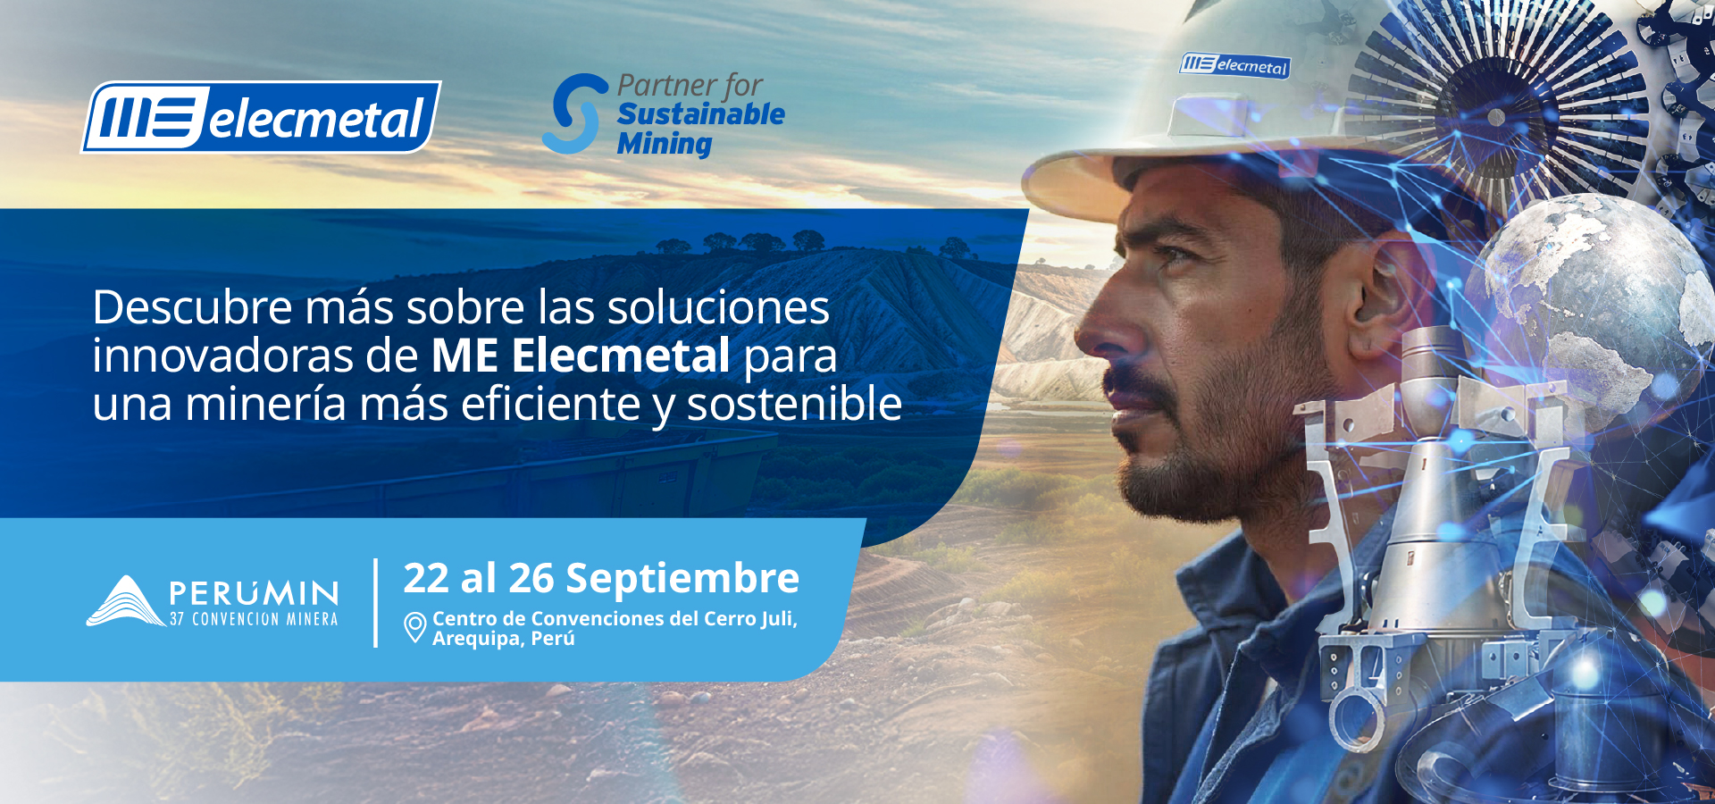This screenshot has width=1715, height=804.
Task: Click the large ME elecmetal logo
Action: pyautogui.click(x=261, y=117)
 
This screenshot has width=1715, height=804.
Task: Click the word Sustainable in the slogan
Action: pyautogui.click(x=701, y=114)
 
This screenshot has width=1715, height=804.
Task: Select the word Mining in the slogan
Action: pyautogui.click(x=665, y=144)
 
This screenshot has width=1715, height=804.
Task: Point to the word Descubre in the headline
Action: pyautogui.click(x=193, y=307)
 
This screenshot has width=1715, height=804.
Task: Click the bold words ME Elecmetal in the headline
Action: pyautogui.click(x=581, y=356)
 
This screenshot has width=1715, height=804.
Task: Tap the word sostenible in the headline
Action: pyautogui.click(x=794, y=404)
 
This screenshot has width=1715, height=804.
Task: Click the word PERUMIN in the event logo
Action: pyautogui.click(x=255, y=593)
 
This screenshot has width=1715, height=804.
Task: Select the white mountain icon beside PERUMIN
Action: pyautogui.click(x=126, y=601)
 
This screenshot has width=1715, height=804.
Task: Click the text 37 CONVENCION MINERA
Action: pyautogui.click(x=255, y=619)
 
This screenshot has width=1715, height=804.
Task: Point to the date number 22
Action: pyautogui.click(x=426, y=578)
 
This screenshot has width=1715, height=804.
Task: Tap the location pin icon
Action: pyautogui.click(x=414, y=627)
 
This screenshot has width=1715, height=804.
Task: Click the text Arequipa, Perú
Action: pyautogui.click(x=504, y=639)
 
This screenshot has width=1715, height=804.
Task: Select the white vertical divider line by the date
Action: pyautogui.click(x=375, y=603)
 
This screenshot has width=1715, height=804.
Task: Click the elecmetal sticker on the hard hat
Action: pyautogui.click(x=1235, y=65)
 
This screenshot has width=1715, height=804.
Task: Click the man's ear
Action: pyautogui.click(x=1381, y=285)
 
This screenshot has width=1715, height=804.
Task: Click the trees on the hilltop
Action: pyautogui.click(x=759, y=241)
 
